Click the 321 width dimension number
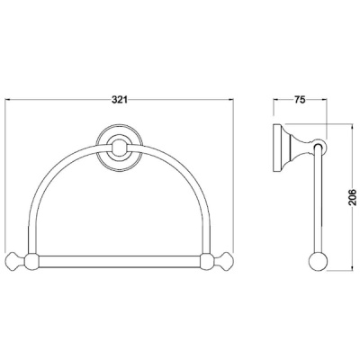[x=120, y=100]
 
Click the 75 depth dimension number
[x=300, y=100]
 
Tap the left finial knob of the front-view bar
[x=15, y=261]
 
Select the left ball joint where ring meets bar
[x=31, y=261]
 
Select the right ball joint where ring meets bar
[x=208, y=261]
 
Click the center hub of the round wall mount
[x=120, y=148]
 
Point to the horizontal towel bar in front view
[x=120, y=261]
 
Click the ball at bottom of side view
[x=319, y=262]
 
